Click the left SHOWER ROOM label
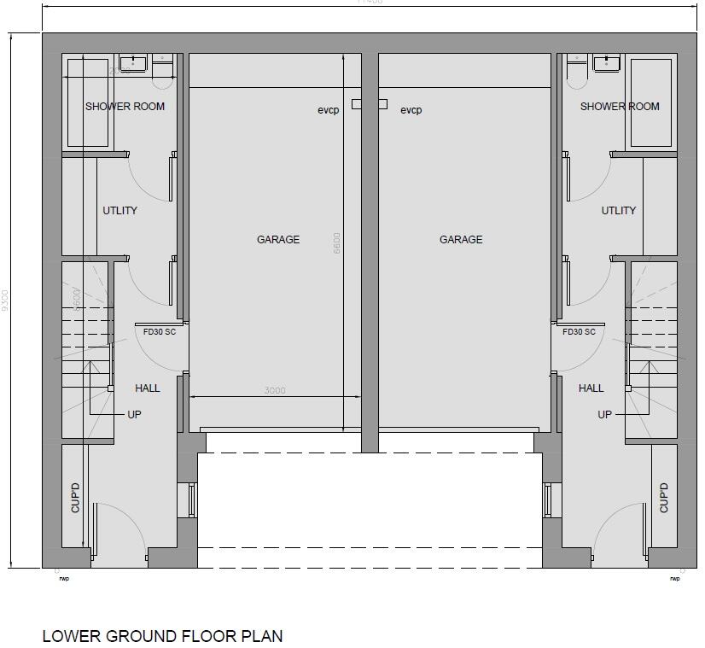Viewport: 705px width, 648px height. click(125, 107)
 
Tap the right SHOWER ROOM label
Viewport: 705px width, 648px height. click(620, 107)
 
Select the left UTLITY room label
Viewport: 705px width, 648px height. click(119, 211)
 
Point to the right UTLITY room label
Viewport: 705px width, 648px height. click(619, 211)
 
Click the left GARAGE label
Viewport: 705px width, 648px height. click(278, 240)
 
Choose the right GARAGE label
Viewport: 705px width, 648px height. click(461, 240)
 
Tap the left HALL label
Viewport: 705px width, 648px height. click(148, 388)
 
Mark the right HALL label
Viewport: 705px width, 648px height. click(591, 388)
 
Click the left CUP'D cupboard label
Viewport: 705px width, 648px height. click(75, 498)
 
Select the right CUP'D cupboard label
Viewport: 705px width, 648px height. click(664, 498)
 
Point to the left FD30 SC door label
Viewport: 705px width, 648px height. click(160, 332)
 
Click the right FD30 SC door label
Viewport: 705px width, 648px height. click(579, 332)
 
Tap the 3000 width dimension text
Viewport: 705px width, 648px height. click(274, 391)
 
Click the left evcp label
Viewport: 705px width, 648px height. click(329, 110)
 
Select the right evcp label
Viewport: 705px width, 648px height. click(411, 110)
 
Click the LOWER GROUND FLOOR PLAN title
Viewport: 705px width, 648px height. click(162, 636)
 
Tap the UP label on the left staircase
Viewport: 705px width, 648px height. click(134, 415)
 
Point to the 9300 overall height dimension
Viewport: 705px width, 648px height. click(5, 301)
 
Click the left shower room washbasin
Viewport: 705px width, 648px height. click(133, 62)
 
